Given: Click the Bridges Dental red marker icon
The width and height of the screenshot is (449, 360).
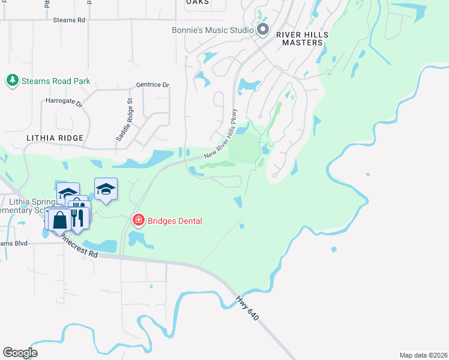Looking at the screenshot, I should tap(139, 221).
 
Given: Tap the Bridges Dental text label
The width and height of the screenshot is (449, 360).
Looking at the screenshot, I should tap(174, 221).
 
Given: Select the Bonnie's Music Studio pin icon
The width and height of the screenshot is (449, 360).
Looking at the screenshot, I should tap(262, 29).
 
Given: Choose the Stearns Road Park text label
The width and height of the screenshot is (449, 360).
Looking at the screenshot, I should tap(56, 81).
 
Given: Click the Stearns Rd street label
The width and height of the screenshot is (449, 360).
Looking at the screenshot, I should tap(70, 20).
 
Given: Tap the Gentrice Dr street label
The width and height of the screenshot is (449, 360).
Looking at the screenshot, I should tap(152, 85).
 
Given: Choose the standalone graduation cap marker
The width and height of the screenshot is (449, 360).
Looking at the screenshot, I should tap(106, 189).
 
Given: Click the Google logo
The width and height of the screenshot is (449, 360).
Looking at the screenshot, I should tap(20, 352).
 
